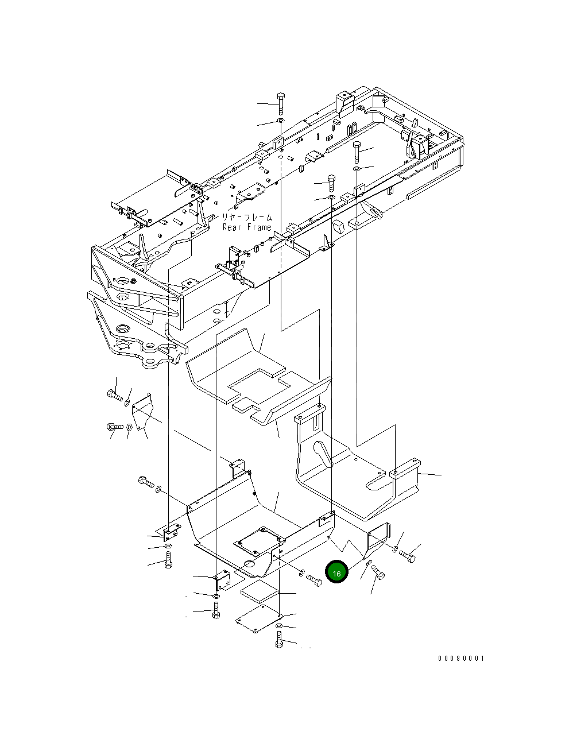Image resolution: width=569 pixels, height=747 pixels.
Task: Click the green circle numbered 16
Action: (336, 573)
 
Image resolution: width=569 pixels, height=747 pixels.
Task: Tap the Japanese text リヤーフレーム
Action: (247, 218)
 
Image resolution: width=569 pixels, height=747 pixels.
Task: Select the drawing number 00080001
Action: (461, 659)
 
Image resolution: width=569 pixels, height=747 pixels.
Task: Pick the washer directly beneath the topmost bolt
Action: (281, 122)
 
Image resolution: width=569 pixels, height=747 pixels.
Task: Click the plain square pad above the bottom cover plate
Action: (259, 590)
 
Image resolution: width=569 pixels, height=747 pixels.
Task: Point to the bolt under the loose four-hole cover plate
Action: (279, 639)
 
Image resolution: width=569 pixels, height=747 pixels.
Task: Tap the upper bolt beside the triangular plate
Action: (114, 396)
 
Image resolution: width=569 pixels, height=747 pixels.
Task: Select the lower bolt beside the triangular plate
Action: (114, 427)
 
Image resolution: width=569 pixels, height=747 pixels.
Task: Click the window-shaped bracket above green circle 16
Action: (378, 535)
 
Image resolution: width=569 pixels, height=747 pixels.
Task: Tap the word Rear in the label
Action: (233, 227)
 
